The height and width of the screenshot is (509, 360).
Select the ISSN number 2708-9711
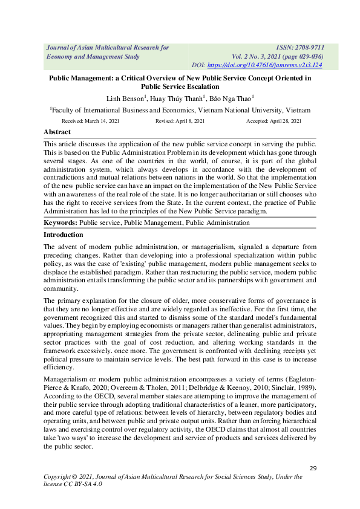[x=308, y=47]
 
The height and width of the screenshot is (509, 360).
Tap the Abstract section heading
[x=57, y=132]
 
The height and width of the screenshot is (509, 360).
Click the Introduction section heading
[x=64, y=235]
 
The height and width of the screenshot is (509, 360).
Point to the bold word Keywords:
[x=61, y=223]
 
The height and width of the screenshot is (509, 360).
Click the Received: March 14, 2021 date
[x=88, y=122]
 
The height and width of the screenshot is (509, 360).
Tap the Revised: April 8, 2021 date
[x=180, y=122]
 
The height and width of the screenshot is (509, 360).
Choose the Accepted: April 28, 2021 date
[x=273, y=122]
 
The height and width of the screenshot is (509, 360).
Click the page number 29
[x=313, y=468]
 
